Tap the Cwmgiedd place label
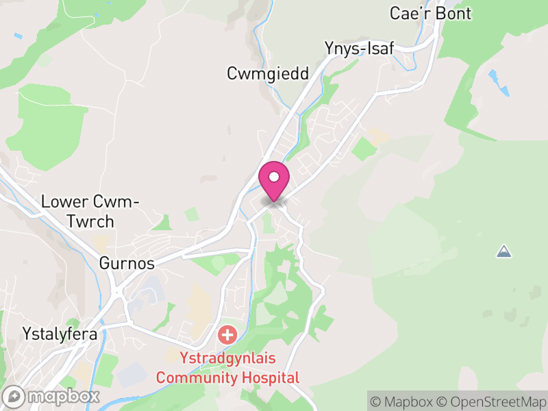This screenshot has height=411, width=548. coord(269,73)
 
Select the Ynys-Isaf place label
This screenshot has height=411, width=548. coord(359,48)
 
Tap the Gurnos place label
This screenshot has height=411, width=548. coord(126,263)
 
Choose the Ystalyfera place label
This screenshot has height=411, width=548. coord(60,334)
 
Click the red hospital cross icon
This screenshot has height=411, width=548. coord(227,336)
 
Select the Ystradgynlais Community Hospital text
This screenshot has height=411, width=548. coord(228,367)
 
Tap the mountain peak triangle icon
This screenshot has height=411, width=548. coord(503,251)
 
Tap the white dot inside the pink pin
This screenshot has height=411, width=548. coord(274,177)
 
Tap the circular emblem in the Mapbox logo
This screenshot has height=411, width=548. coord(14,396)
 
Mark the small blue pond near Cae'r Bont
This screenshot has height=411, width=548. coord(499,80)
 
